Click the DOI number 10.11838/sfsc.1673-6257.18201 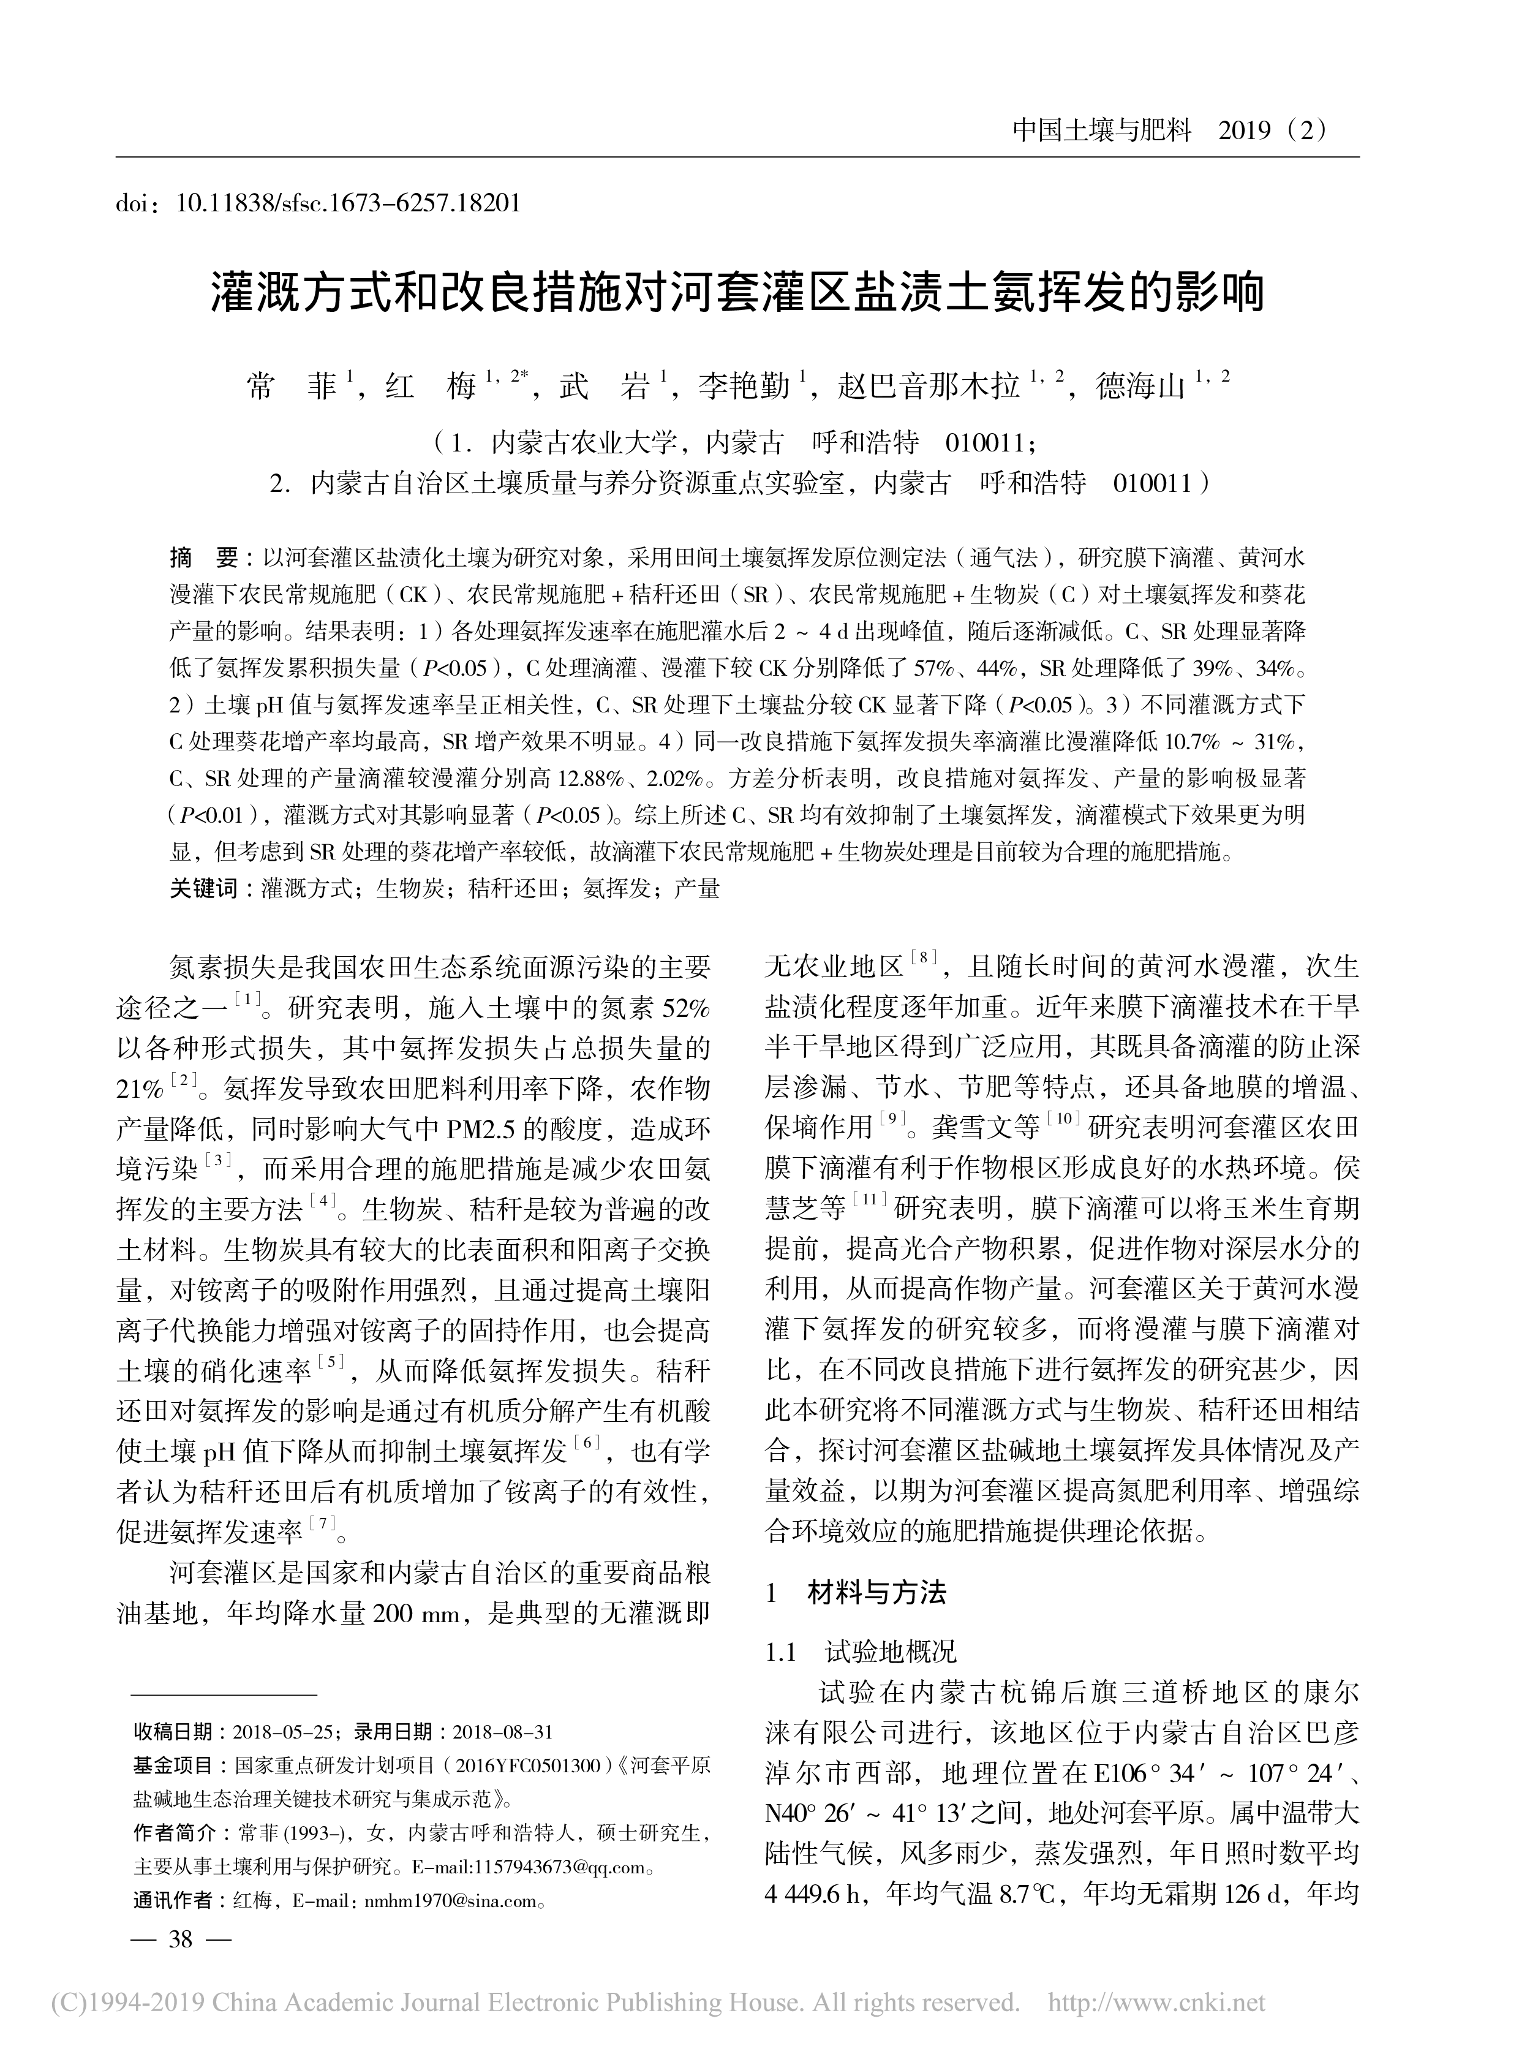(347, 202)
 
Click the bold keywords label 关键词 (203, 888)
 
